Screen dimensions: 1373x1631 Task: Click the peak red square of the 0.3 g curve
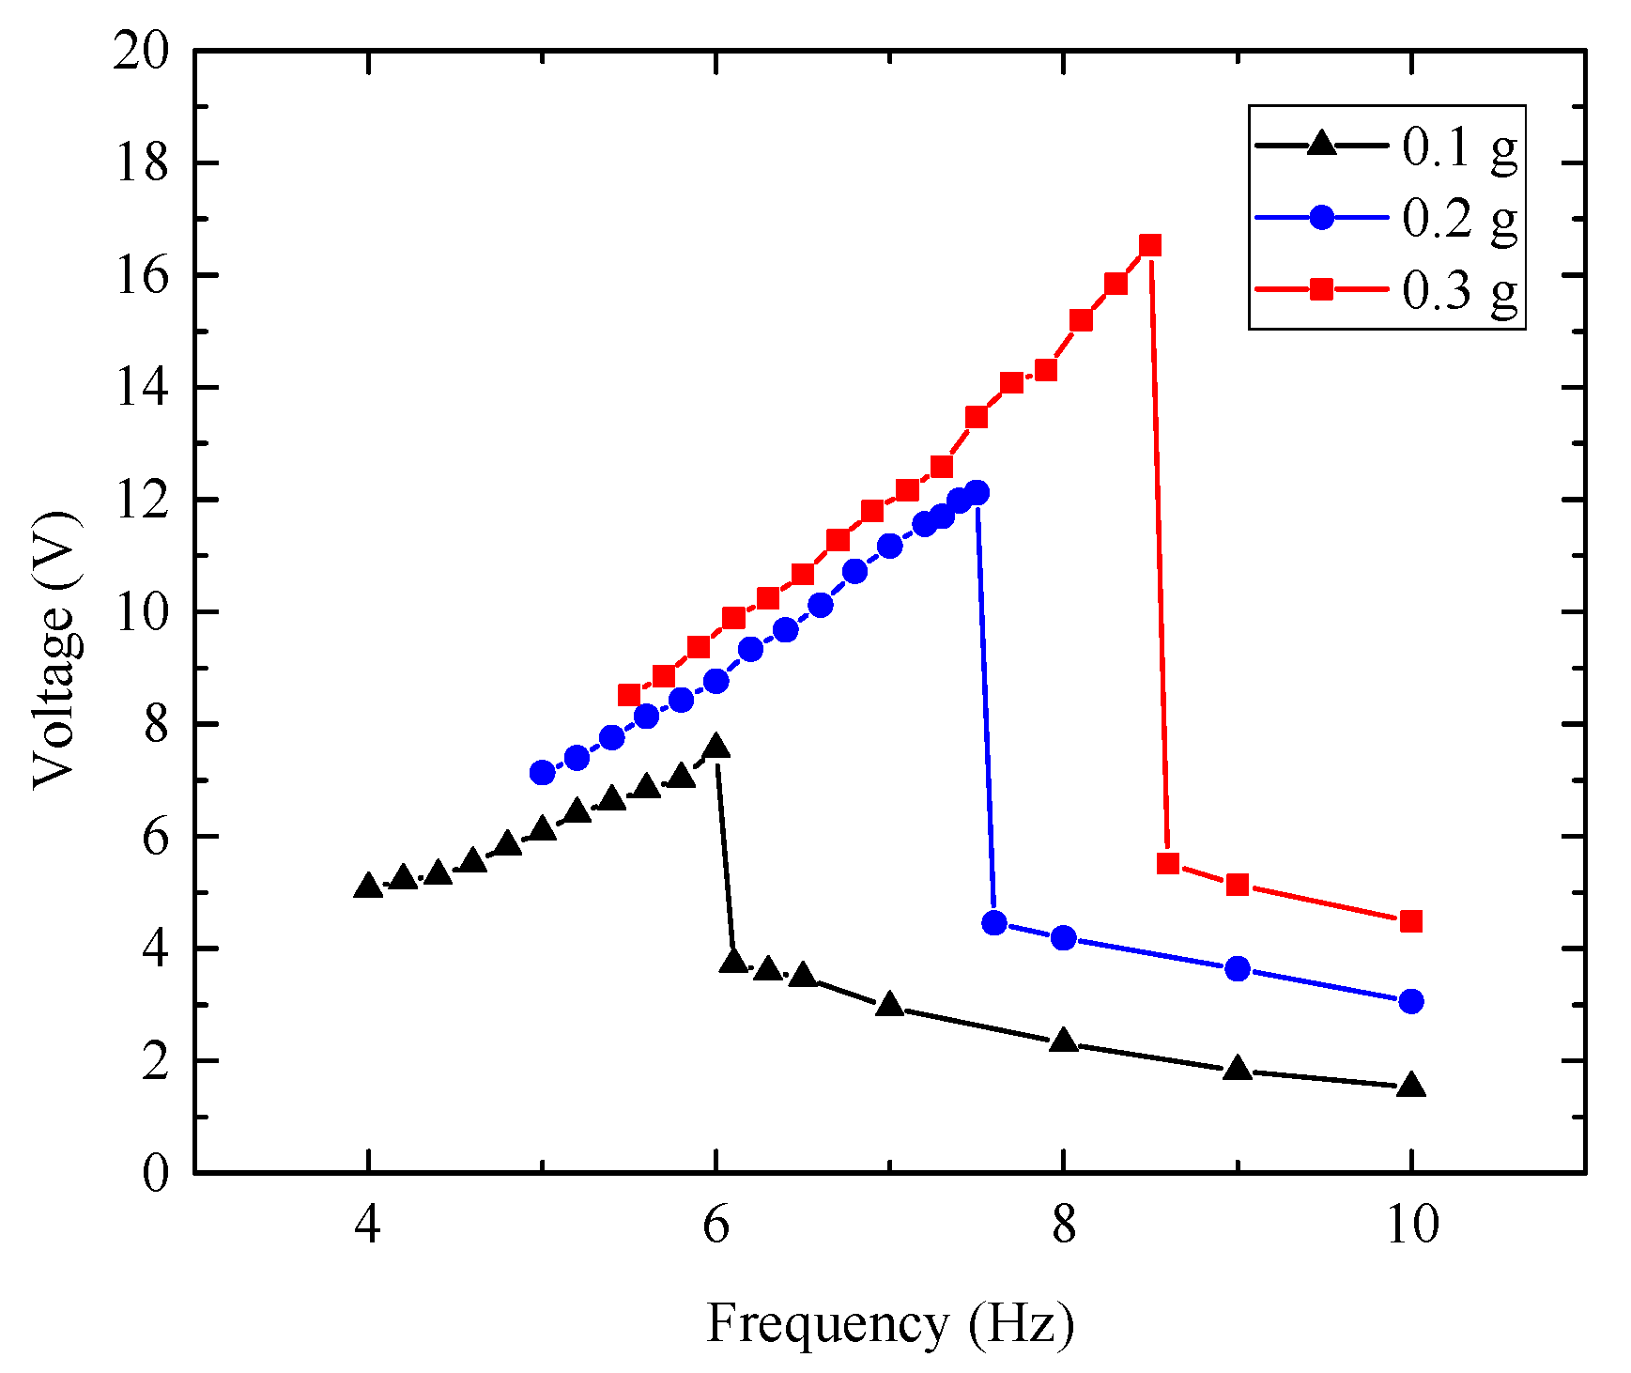pyautogui.click(x=1150, y=246)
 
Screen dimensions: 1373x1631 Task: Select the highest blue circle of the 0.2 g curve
pyautogui.click(x=977, y=492)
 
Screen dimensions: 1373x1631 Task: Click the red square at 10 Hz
pyautogui.click(x=1410, y=921)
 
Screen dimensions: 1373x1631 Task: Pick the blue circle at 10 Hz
pyautogui.click(x=1410, y=1001)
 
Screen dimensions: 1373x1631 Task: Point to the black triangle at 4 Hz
pyautogui.click(x=368, y=886)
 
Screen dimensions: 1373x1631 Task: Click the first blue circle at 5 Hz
pyautogui.click(x=542, y=773)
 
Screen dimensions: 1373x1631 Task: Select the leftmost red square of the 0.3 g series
pyautogui.click(x=629, y=695)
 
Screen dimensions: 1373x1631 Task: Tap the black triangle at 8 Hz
pyautogui.click(x=1063, y=1041)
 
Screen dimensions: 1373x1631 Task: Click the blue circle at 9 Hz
pyautogui.click(x=1238, y=968)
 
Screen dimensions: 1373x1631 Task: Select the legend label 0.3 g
pyautogui.click(x=1458, y=289)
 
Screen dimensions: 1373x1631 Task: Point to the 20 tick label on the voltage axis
pyautogui.click(x=141, y=51)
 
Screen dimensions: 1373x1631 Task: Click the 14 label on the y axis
pyautogui.click(x=141, y=388)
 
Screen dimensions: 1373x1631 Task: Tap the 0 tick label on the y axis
pyautogui.click(x=156, y=1173)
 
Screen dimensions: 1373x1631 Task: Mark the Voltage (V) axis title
pyautogui.click(x=54, y=650)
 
